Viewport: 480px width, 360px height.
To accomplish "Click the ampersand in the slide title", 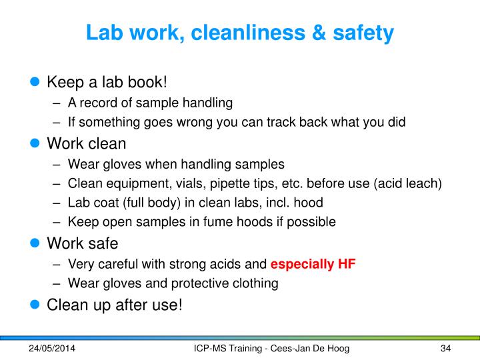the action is [x=319, y=32].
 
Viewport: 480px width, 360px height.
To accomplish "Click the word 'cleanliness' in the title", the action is [x=248, y=32].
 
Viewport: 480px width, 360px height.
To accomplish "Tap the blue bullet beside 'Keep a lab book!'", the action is [x=35, y=81].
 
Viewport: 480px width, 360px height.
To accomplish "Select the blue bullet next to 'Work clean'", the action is [x=35, y=143].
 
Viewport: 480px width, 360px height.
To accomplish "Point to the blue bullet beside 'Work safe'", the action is [x=35, y=243].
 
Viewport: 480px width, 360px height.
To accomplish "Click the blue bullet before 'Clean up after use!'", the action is [x=35, y=304].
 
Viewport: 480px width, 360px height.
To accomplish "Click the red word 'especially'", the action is [x=302, y=264].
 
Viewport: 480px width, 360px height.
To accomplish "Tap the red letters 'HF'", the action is [x=347, y=263].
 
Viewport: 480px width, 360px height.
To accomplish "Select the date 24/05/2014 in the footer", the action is [x=52, y=349].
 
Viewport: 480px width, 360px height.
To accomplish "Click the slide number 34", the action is [x=446, y=349].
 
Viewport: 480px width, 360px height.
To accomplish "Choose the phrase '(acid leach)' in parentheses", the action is [x=408, y=184].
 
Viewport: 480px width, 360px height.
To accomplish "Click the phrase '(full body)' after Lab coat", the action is [x=151, y=203].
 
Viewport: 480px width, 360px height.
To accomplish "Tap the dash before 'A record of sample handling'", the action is [x=56, y=103].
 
